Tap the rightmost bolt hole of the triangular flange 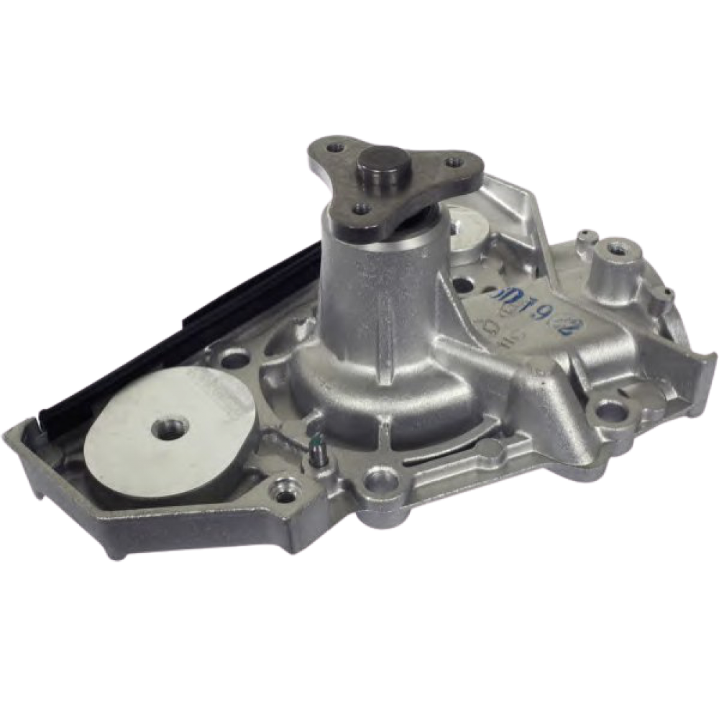point(453,162)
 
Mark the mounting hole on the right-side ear point(610,411)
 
